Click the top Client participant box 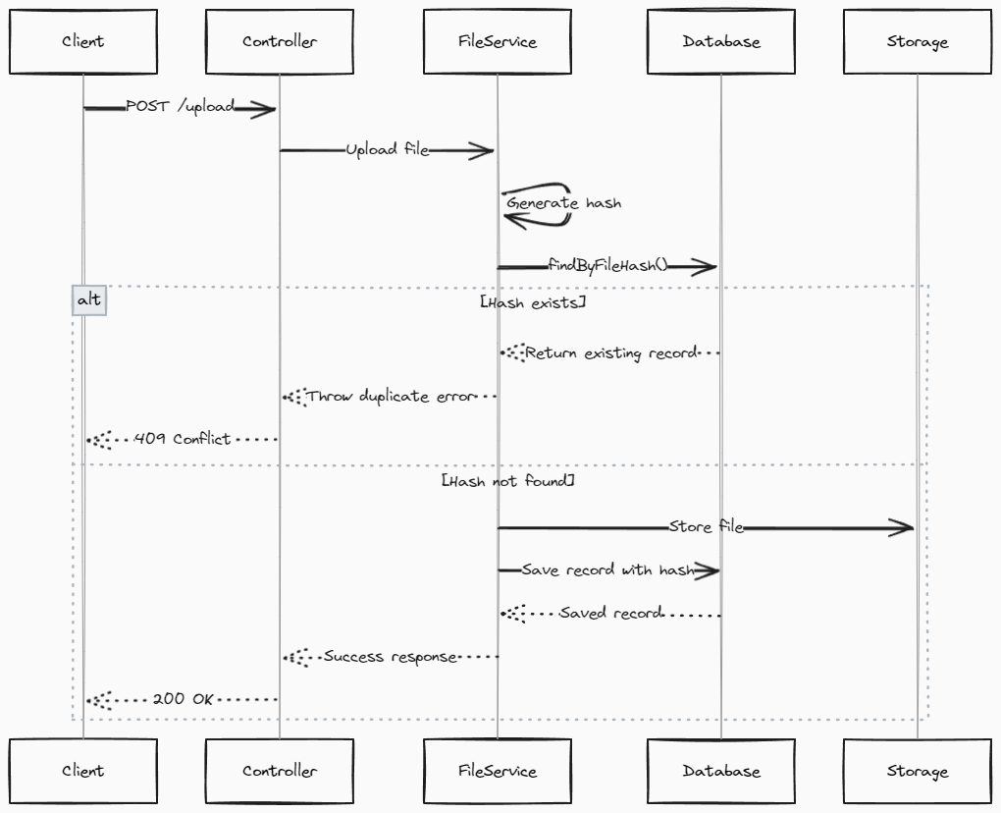(83, 42)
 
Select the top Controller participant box (280, 42)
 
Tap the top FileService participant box (498, 42)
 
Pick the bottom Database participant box (721, 771)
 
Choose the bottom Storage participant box (918, 771)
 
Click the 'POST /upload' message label (181, 106)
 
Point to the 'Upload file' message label (387, 149)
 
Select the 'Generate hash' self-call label (563, 203)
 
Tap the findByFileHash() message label (607, 265)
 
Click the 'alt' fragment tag (88, 300)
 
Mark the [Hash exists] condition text (533, 303)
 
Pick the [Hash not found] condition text (508, 482)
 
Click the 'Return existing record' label (610, 352)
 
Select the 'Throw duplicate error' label (390, 397)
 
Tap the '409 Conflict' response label (183, 439)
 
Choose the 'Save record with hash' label (606, 569)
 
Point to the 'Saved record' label (609, 613)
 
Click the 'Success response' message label (391, 656)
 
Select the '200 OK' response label (183, 699)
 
